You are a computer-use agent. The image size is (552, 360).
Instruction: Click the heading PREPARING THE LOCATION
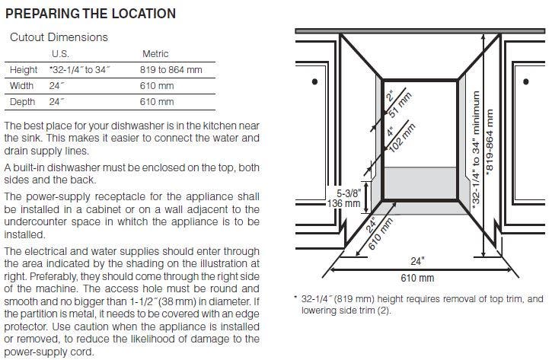[91, 14]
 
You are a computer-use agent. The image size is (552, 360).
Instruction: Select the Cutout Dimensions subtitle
[59, 37]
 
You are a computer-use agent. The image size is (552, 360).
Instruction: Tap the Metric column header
[155, 54]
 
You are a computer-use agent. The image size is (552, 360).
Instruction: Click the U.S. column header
[60, 54]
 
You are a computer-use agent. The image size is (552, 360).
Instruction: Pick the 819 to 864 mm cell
[171, 70]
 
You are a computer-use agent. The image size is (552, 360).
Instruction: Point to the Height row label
[24, 70]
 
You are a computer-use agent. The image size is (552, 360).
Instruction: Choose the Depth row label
[22, 102]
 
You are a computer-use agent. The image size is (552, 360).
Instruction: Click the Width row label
[21, 86]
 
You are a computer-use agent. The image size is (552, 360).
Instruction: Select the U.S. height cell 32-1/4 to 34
[79, 70]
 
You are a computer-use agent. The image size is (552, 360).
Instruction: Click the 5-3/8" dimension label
[349, 193]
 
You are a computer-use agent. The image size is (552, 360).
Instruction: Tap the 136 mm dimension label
[343, 203]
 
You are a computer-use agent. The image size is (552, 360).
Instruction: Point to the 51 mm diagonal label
[400, 105]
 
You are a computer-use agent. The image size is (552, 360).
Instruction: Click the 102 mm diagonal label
[402, 138]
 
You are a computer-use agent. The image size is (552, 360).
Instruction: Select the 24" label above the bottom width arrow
[417, 261]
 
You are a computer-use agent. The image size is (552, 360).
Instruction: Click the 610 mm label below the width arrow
[417, 278]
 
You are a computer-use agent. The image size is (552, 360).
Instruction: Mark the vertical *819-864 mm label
[490, 142]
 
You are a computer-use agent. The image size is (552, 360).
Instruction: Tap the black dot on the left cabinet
[314, 81]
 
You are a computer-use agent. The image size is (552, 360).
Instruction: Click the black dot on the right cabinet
[526, 81]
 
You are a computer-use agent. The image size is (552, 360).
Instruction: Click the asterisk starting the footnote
[295, 298]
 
